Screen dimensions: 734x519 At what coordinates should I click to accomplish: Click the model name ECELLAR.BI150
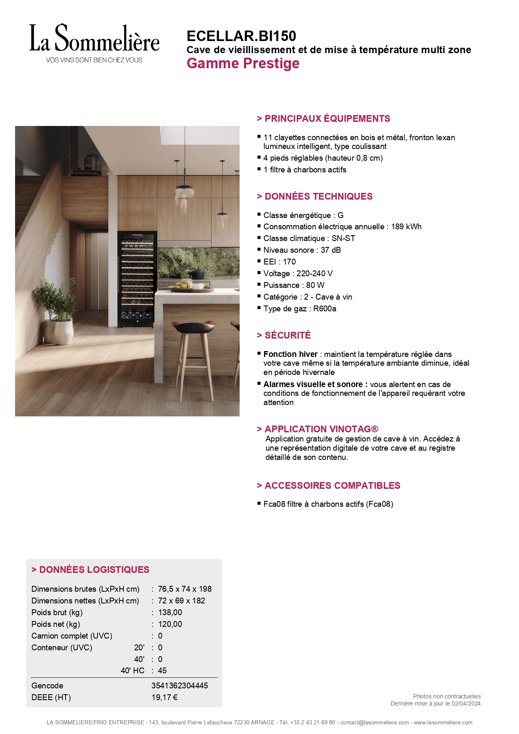click(x=241, y=36)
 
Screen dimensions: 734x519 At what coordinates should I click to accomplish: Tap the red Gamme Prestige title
click(x=243, y=64)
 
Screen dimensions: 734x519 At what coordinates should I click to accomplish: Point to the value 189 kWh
click(x=406, y=227)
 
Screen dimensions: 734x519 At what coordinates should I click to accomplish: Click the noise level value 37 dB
click(x=330, y=250)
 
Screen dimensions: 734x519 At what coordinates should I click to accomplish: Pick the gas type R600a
click(x=325, y=309)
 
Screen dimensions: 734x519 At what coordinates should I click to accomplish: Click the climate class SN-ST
click(x=343, y=239)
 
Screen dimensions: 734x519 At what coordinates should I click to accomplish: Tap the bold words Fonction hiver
click(x=290, y=354)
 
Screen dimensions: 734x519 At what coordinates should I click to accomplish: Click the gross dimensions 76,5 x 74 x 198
click(x=184, y=589)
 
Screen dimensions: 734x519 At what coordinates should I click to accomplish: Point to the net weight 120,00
click(x=170, y=624)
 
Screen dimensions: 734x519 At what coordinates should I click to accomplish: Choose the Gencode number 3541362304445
click(x=179, y=686)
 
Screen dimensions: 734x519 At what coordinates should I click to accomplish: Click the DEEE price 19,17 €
click(x=164, y=698)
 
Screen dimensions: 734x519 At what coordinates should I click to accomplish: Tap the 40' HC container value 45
click(x=162, y=671)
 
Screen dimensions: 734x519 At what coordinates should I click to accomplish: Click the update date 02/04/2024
click(x=466, y=704)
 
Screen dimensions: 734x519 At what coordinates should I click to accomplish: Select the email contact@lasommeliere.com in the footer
click(x=374, y=723)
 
